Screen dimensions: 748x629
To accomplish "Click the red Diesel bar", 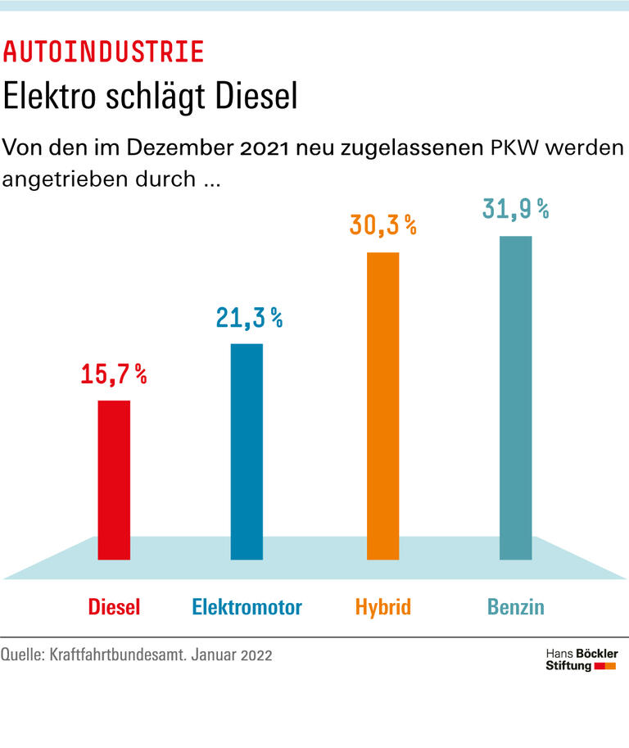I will [x=114, y=479].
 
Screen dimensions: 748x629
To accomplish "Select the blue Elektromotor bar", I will [x=247, y=451].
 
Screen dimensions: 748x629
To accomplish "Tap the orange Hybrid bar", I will [x=382, y=406].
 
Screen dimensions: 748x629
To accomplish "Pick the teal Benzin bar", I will [x=515, y=397].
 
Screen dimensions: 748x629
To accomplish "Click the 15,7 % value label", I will [x=114, y=374].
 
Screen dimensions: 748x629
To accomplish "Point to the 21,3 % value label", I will [x=249, y=318].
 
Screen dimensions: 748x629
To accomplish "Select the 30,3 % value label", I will [x=383, y=225].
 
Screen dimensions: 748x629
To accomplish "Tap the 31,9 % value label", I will [x=515, y=209].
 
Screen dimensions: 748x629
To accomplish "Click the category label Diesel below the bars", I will [x=114, y=607].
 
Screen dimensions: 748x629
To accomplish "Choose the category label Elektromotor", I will [x=247, y=607].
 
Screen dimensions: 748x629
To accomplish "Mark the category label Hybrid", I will [x=382, y=607].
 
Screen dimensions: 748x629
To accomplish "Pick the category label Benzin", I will [x=516, y=607].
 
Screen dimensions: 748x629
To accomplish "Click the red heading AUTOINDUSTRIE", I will [x=103, y=52].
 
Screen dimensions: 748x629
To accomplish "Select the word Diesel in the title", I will [x=255, y=97].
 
